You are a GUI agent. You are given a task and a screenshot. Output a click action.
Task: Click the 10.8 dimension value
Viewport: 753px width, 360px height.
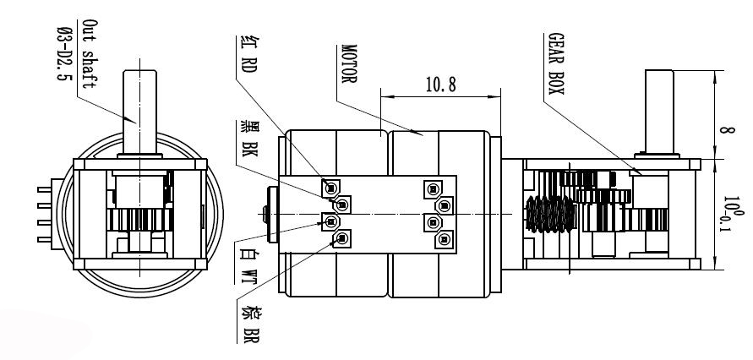point(440,85)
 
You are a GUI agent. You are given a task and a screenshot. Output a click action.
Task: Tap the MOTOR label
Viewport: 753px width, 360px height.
point(349,64)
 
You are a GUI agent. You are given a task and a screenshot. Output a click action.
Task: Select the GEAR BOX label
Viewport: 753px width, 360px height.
point(556,63)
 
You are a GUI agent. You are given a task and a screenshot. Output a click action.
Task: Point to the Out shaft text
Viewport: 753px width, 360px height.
point(90,54)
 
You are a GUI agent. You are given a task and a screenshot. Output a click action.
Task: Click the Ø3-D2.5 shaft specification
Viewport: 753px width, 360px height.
point(65,54)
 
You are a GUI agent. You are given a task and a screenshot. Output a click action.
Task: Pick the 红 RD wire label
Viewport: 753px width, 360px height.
point(248,54)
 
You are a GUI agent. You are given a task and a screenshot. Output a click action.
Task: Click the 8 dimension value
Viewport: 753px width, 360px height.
point(728,130)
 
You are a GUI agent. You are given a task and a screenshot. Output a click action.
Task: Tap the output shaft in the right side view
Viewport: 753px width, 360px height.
point(659,112)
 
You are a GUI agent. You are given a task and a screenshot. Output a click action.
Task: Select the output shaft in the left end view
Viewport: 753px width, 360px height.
point(139,112)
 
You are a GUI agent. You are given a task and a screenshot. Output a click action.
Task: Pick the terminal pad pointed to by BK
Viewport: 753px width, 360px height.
point(342,205)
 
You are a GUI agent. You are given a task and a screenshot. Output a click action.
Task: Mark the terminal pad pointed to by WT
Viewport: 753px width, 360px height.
point(330,221)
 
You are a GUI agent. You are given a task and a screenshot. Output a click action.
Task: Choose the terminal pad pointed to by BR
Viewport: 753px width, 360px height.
point(342,238)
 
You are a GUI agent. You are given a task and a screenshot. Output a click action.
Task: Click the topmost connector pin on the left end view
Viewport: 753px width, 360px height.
point(44,189)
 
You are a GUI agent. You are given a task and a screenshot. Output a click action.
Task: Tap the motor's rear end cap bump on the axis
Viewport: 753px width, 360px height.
point(265,214)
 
